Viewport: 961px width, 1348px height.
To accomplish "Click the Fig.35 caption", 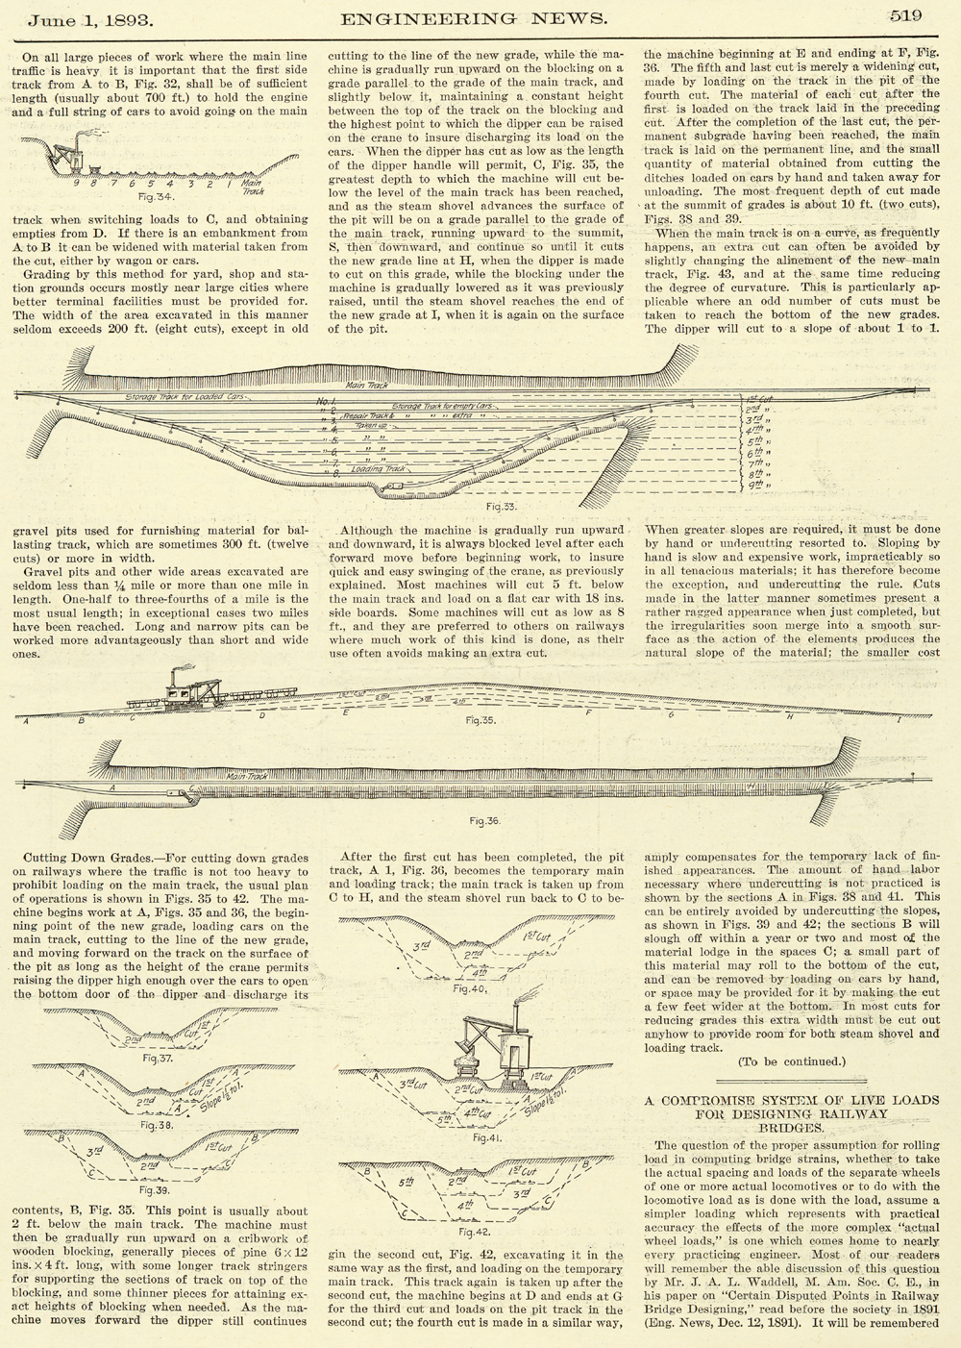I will (x=479, y=718).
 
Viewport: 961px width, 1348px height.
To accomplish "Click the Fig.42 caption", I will (x=475, y=1231).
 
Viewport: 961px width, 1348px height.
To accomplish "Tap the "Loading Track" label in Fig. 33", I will (x=379, y=469).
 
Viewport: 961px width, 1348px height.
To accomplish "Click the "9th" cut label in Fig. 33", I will (x=762, y=487).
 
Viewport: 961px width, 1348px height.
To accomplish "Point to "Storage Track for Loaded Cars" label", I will (x=185, y=396).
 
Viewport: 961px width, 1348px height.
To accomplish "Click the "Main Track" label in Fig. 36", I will (x=248, y=774).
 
